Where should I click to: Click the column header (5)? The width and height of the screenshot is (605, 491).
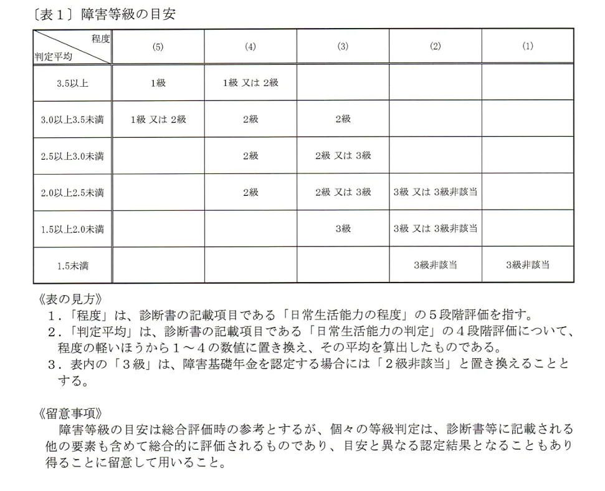158,46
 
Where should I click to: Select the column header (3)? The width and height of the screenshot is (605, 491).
343,46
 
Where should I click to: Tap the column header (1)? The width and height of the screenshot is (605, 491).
528,46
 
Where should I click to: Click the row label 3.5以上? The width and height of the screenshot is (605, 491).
72,82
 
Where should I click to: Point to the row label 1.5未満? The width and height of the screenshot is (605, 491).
72,265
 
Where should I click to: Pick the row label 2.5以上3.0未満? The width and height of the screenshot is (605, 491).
72,155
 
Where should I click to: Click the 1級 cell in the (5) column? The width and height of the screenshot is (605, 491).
158,82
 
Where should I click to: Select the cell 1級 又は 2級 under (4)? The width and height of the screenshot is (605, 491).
250,82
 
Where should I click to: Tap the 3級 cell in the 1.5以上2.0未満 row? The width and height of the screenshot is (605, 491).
343,228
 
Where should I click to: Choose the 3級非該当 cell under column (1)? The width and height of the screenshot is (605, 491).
528,265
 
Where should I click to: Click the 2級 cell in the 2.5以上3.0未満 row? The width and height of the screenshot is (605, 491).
250,155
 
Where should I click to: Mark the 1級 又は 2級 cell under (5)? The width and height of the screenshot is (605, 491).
158,119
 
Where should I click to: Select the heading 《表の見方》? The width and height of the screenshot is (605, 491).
69,298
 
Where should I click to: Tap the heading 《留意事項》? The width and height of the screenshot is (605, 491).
69,413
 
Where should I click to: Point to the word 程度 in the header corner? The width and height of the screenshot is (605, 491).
100,39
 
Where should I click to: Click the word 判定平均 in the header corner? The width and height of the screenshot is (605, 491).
53,56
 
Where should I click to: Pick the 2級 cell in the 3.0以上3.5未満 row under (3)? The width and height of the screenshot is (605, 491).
343,119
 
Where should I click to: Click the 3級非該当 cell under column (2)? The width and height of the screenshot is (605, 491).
435,265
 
